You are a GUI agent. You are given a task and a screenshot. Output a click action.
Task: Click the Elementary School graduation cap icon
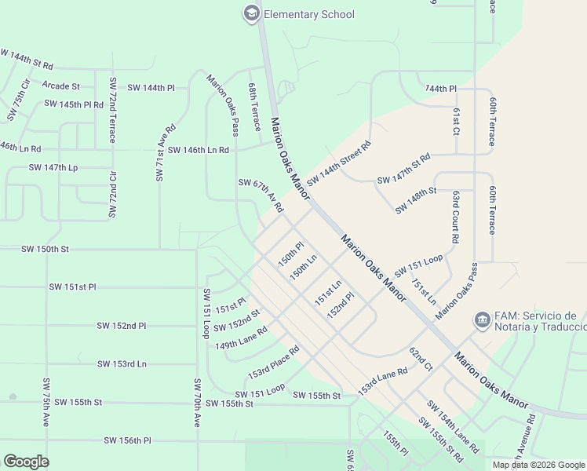click(251, 13)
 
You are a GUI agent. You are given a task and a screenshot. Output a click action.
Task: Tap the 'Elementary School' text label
click(308, 14)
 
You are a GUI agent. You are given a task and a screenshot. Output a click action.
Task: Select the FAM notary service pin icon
click(480, 320)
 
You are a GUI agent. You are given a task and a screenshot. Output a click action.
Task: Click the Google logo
click(26, 462)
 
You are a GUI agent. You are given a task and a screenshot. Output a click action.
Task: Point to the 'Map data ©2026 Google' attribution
click(538, 465)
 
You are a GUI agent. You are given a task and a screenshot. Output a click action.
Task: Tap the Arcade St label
click(61, 86)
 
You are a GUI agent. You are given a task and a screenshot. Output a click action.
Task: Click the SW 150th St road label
click(46, 249)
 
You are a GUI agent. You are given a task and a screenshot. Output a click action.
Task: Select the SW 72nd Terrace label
click(113, 110)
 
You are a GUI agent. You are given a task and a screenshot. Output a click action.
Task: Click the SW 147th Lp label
click(53, 167)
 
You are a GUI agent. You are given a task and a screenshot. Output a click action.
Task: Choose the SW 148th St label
click(416, 200)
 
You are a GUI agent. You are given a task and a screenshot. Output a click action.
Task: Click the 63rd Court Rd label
click(455, 216)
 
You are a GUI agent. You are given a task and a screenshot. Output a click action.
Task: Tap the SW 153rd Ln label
click(122, 364)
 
